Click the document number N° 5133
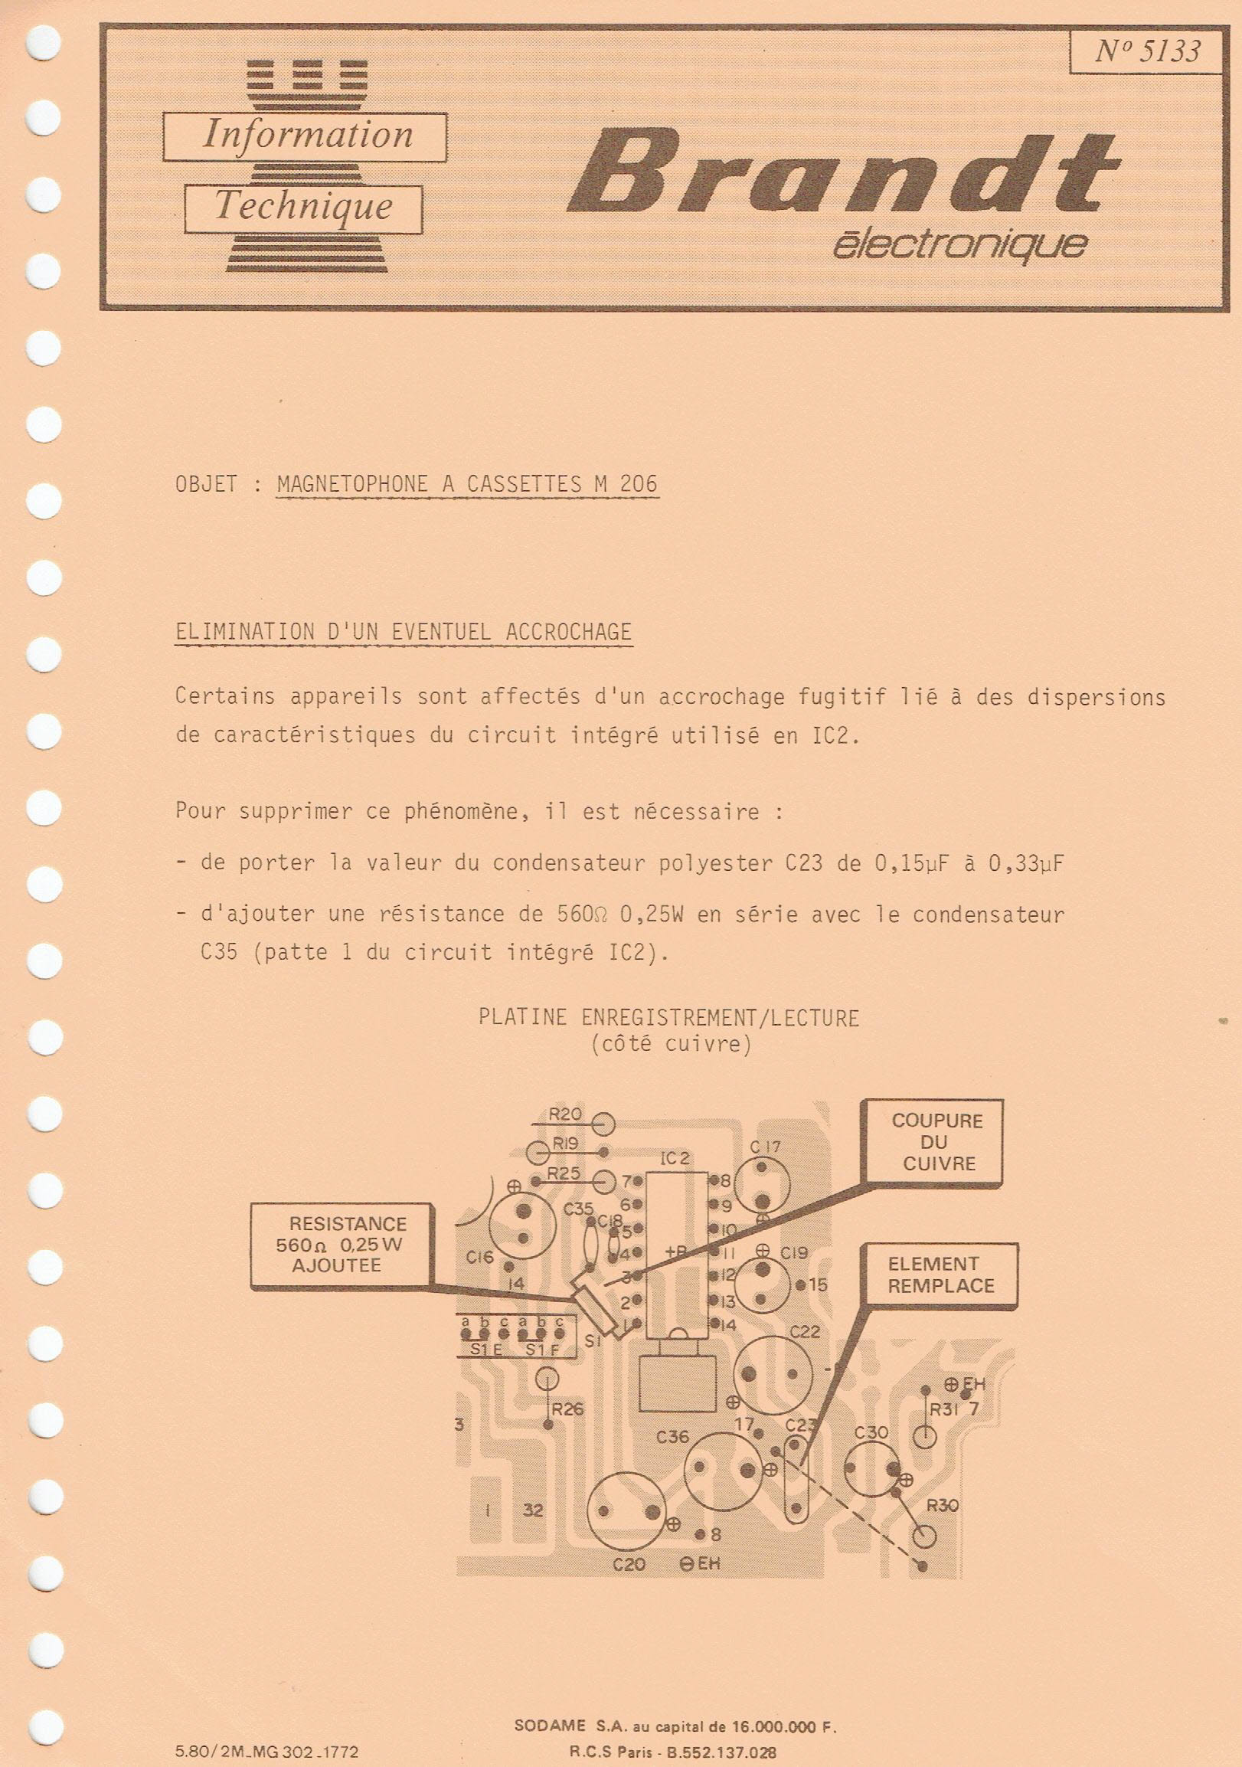[x=1146, y=51]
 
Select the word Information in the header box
[x=307, y=136]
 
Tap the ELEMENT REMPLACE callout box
[x=940, y=1275]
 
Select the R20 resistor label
[x=566, y=1114]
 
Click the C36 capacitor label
[x=672, y=1436]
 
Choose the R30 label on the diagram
[x=942, y=1504]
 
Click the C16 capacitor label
[x=479, y=1257]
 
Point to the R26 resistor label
[x=568, y=1409]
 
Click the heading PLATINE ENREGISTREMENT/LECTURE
[x=668, y=1018]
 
